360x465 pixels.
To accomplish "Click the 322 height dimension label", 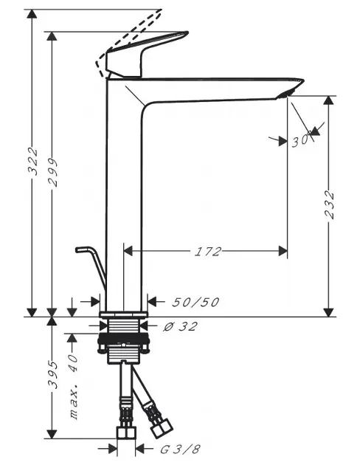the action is (x=33, y=161).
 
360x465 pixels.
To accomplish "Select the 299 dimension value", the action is (x=52, y=172).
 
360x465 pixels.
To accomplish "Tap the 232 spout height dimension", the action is (x=329, y=204).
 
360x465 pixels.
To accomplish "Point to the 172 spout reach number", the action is (x=208, y=252).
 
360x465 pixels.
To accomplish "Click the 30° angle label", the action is (x=302, y=140).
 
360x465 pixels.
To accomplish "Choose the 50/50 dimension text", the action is (x=195, y=302).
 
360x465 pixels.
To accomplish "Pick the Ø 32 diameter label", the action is (x=180, y=326).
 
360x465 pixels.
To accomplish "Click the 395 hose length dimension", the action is (x=52, y=374).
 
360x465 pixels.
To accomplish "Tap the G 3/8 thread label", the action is (x=180, y=449).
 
